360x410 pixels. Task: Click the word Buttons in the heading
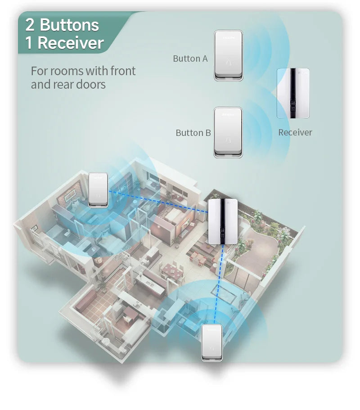click(x=69, y=25)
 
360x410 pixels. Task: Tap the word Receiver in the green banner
click(x=71, y=43)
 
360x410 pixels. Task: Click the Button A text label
click(x=190, y=59)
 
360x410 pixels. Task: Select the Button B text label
click(x=193, y=133)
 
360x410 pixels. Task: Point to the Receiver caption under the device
click(x=295, y=132)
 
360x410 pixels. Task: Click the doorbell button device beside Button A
click(x=229, y=55)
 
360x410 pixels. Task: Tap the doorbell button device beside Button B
click(x=228, y=132)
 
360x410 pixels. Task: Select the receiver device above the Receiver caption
click(x=293, y=93)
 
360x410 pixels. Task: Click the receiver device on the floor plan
click(x=223, y=222)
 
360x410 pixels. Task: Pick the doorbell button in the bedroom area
click(x=98, y=190)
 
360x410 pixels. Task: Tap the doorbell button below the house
click(x=212, y=343)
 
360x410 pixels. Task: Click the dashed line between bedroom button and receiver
click(x=158, y=201)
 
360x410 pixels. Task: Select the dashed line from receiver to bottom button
click(x=219, y=284)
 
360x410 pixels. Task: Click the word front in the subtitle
click(x=123, y=71)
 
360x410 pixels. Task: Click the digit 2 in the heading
click(x=30, y=25)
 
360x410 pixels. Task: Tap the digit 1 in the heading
click(x=29, y=43)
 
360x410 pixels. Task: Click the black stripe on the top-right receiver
click(x=293, y=93)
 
